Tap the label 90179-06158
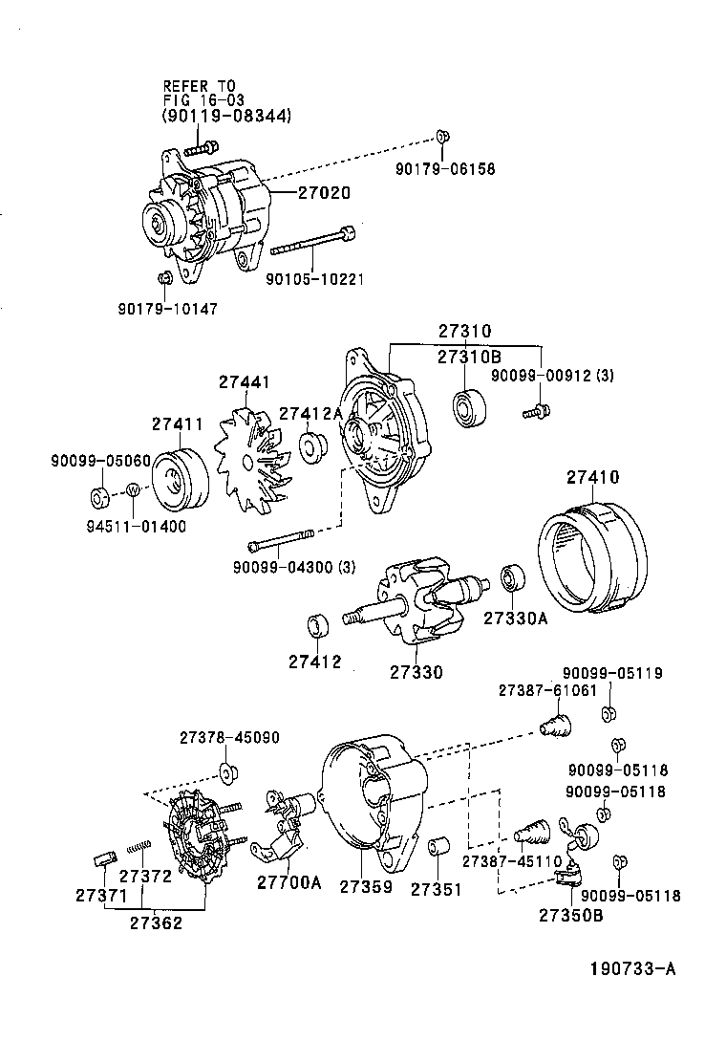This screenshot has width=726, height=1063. tap(445, 169)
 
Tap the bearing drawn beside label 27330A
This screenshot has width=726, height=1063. tap(513, 579)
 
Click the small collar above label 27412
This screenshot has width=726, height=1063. tap(316, 626)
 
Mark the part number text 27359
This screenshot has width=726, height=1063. tap(365, 888)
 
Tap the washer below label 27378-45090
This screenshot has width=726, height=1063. tap(227, 772)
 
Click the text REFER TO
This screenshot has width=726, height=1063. tap(199, 86)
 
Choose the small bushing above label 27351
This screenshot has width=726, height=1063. tap(438, 849)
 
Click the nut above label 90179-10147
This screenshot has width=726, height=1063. tap(163, 277)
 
